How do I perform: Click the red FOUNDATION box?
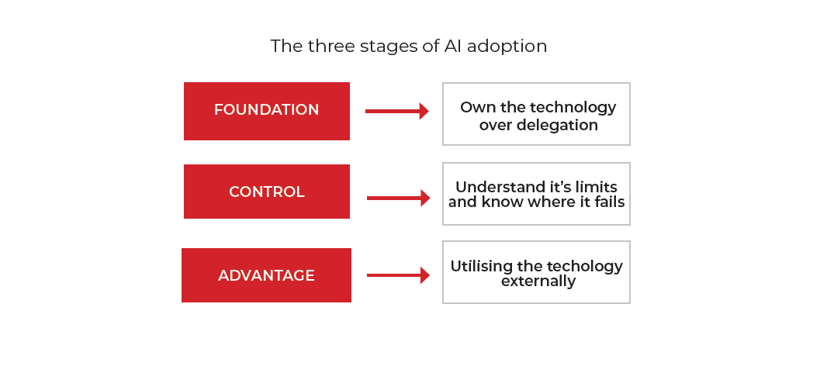point(267,111)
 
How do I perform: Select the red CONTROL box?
point(267,192)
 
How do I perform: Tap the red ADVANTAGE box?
point(267,275)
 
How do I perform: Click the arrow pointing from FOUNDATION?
point(397,111)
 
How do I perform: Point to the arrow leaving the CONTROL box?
point(399,199)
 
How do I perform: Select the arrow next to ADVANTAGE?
point(399,275)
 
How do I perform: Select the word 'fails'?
point(610,202)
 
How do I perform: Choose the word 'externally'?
point(538,281)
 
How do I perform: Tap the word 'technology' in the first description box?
point(573,108)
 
